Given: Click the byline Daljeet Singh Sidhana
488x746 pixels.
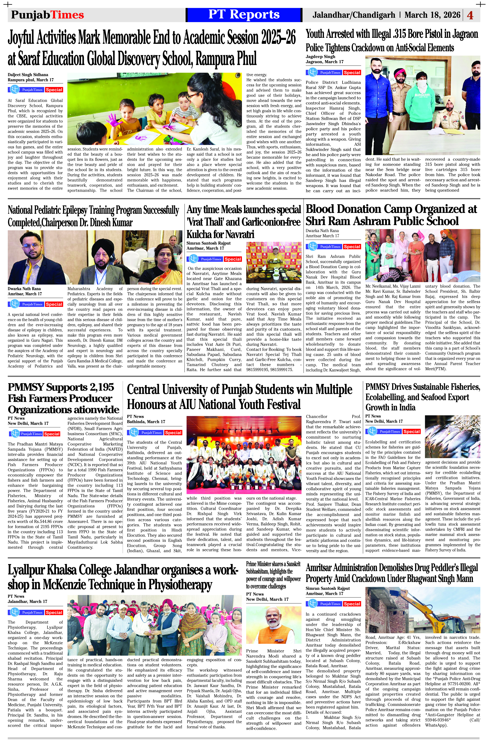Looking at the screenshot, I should (x=28, y=75).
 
